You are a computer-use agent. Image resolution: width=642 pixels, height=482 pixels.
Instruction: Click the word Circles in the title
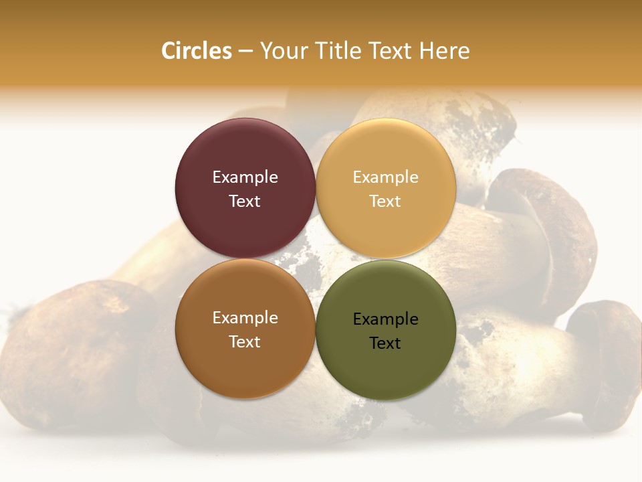[196, 51]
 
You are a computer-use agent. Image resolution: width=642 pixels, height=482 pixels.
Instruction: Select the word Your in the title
[282, 51]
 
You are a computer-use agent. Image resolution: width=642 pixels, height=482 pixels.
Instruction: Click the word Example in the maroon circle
[245, 177]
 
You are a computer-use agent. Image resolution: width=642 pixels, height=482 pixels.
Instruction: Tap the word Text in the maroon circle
[245, 201]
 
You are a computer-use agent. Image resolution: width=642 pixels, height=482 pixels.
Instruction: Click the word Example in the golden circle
[385, 177]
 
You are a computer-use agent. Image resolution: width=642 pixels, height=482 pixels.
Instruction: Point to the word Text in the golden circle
[385, 201]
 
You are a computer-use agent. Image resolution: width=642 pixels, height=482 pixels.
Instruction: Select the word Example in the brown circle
[245, 317]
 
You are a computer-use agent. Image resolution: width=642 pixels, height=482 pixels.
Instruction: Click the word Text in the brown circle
[245, 341]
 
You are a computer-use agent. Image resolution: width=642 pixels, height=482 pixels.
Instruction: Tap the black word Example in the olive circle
[385, 319]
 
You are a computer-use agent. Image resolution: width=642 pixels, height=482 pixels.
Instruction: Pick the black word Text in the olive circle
[385, 343]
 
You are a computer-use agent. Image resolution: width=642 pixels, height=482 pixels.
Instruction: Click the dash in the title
[245, 52]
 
